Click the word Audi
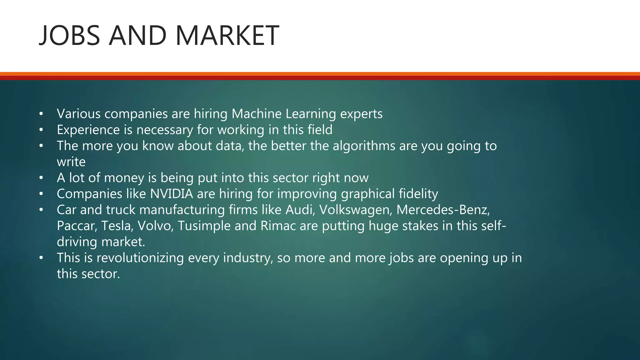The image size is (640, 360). pyautogui.click(x=299, y=210)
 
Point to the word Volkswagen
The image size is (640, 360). pyautogui.click(x=355, y=210)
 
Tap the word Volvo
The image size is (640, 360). pyautogui.click(x=155, y=226)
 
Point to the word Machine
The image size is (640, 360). pyautogui.click(x=257, y=114)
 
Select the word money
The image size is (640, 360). pyautogui.click(x=124, y=178)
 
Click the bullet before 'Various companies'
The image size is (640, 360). pyautogui.click(x=41, y=114)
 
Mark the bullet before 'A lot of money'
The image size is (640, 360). pyautogui.click(x=41, y=178)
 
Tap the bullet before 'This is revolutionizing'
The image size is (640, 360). pyautogui.click(x=41, y=258)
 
